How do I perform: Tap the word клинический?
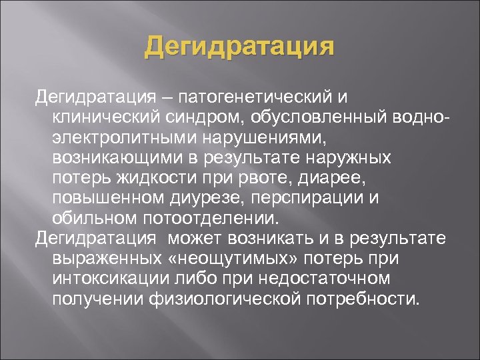[107, 119]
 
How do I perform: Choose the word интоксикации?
[111, 279]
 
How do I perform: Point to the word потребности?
[364, 299]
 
